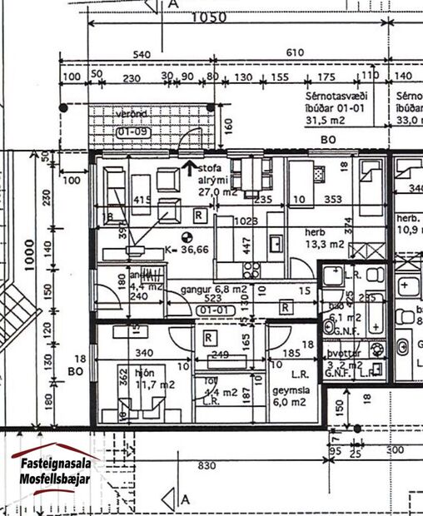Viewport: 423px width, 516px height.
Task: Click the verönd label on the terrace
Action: [132, 113]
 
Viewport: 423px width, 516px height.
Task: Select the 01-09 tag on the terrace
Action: [132, 131]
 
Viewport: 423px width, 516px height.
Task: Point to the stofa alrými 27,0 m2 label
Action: [215, 180]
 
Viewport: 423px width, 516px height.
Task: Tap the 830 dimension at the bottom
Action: [200, 469]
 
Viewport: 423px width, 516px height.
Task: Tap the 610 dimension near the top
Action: [295, 54]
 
